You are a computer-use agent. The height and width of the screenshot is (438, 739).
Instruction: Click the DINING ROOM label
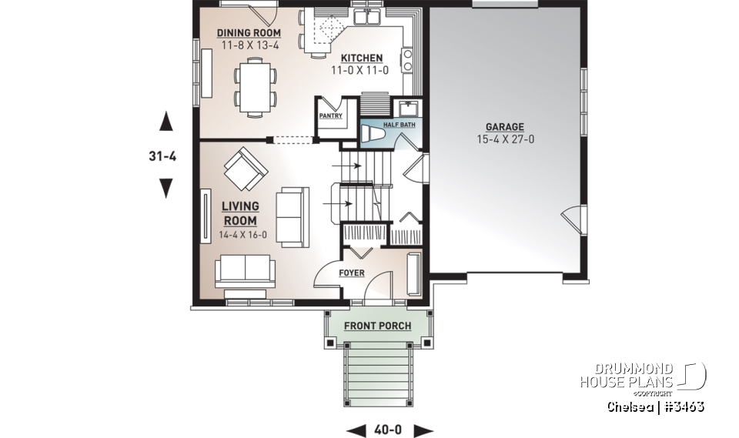pyautogui.click(x=248, y=33)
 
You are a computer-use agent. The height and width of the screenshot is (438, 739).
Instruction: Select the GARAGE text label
pyautogui.click(x=504, y=127)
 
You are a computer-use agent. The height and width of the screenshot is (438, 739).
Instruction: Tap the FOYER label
pyautogui.click(x=351, y=273)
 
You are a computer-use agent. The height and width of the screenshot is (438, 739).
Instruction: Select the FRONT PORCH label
pyautogui.click(x=377, y=326)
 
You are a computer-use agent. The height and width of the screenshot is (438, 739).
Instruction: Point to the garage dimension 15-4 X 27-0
pyautogui.click(x=504, y=140)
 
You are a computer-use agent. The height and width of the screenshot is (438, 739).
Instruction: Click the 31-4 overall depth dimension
pyautogui.click(x=163, y=155)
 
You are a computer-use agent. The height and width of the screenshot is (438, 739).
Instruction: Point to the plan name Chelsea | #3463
pyautogui.click(x=655, y=406)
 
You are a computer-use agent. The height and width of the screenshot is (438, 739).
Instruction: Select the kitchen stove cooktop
pyautogui.click(x=406, y=59)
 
